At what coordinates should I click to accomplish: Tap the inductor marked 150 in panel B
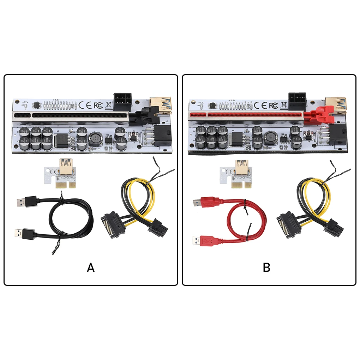click(271, 137)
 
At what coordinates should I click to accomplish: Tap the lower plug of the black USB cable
click(26, 234)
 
